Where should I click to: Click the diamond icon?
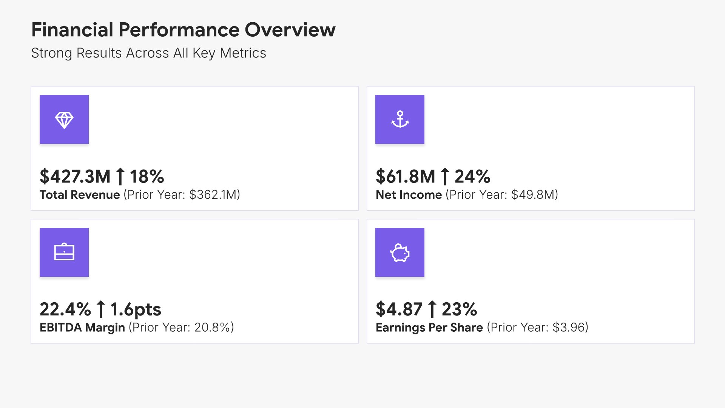point(64,120)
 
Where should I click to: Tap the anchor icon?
point(400,119)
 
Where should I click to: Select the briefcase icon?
point(64,252)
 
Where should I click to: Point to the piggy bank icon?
point(400,253)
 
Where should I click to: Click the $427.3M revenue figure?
point(75,176)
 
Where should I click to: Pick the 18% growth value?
point(147,176)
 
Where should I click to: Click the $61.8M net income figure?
point(406,176)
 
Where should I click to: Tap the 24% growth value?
point(472,176)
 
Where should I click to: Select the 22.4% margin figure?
point(65,309)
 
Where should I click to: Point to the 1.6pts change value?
point(136,309)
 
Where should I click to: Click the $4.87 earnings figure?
point(399,309)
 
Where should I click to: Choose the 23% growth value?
point(460,309)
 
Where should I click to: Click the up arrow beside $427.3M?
point(120,176)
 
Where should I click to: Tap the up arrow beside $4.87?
point(432,309)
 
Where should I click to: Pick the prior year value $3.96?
point(568,327)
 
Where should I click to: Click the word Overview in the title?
point(290,30)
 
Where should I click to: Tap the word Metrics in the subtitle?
point(243,53)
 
